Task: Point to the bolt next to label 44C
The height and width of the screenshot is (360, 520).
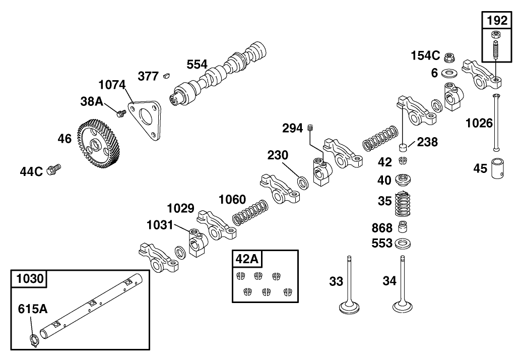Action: pyautogui.click(x=53, y=170)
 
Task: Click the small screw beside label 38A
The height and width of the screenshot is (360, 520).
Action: pyautogui.click(x=120, y=113)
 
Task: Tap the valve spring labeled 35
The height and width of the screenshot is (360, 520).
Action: pyautogui.click(x=402, y=204)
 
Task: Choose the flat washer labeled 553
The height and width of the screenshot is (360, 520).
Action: pyautogui.click(x=402, y=244)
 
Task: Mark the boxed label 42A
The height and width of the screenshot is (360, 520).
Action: pyautogui.click(x=247, y=259)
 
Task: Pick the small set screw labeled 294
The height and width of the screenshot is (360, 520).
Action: pyautogui.click(x=311, y=129)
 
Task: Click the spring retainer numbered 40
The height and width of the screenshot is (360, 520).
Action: pyautogui.click(x=402, y=179)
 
